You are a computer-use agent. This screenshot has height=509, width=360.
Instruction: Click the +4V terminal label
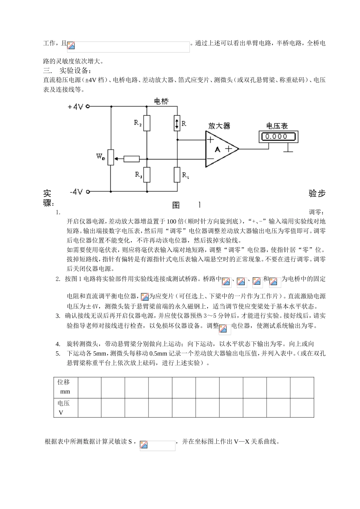(x=75, y=107)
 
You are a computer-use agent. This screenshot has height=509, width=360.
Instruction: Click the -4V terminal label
(x=76, y=192)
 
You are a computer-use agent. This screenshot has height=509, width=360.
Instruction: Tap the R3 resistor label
(x=139, y=175)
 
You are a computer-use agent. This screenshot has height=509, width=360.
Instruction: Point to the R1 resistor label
(x=186, y=175)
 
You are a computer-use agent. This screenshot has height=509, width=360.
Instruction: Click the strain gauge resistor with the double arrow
(x=177, y=123)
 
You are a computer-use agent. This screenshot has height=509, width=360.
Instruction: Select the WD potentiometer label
(x=100, y=156)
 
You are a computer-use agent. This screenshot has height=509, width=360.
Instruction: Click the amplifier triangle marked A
(x=220, y=149)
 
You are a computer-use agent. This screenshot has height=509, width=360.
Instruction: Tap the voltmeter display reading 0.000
(x=276, y=136)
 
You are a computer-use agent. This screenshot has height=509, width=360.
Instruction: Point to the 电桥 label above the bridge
(x=161, y=101)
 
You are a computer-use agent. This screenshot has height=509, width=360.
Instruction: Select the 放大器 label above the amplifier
(x=219, y=126)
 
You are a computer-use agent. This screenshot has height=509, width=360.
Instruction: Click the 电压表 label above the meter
(x=277, y=126)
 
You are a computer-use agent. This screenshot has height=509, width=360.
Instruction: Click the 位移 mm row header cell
(x=66, y=387)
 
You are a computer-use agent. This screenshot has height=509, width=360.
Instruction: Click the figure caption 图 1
(x=186, y=205)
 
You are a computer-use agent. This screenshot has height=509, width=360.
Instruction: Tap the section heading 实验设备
(x=75, y=70)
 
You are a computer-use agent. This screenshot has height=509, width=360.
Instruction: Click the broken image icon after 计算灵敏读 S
(x=144, y=445)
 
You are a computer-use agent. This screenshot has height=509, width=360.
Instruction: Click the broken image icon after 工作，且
(x=71, y=46)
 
